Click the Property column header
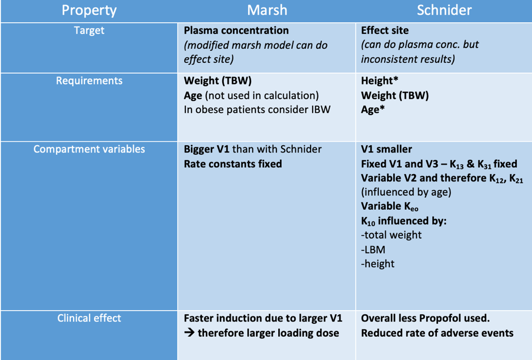coord(89,10)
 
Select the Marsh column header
coord(267,10)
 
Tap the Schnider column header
coord(443,10)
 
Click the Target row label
coord(89,31)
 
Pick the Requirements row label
coord(89,81)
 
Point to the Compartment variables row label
coord(89,150)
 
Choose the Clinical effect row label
coord(89,318)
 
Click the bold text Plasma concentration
coord(236,31)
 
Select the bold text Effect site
coord(385,31)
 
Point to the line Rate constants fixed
coord(233,164)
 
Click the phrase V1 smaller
coord(387,150)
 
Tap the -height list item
coord(378,263)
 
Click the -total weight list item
coord(391,235)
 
